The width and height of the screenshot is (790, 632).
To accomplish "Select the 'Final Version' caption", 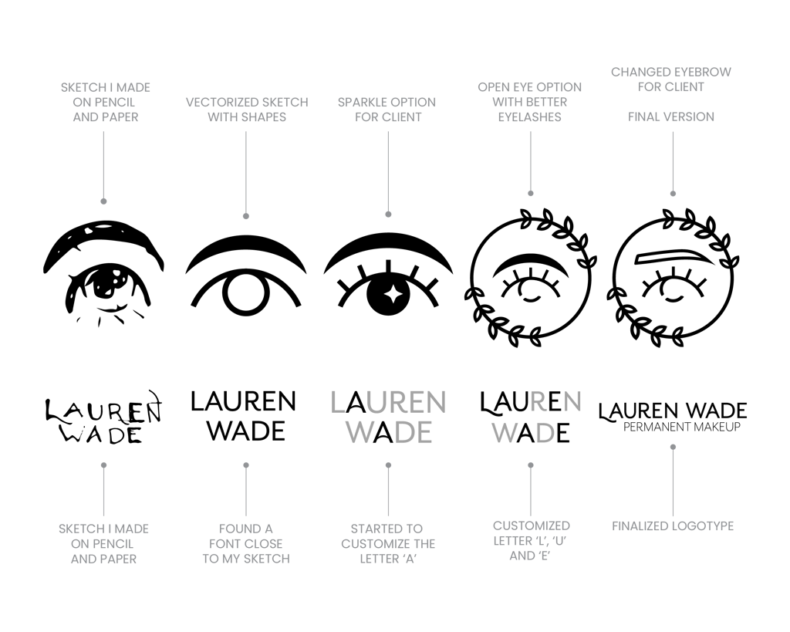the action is (671, 117).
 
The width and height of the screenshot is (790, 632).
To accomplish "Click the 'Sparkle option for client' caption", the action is (387, 110).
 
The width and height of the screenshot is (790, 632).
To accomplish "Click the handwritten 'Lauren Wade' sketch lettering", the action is (103, 418).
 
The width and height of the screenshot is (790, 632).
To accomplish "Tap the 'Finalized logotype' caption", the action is (673, 526).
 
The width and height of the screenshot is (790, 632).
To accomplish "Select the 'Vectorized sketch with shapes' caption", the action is (246, 110).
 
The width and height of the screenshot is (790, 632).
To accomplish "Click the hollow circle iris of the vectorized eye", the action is (245, 296).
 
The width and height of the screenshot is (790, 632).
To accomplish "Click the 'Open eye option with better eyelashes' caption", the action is (529, 102).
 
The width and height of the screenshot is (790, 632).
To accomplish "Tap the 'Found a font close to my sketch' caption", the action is (246, 543).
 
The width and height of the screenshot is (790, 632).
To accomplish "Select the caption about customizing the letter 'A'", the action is (387, 543).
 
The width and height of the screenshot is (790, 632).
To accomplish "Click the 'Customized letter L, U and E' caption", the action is (531, 540).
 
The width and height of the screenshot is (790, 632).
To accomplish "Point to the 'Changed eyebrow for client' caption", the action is (671, 79).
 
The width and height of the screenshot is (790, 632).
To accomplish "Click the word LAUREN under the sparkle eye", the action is (388, 402).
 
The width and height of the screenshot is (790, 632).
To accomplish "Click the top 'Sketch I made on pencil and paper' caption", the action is (104, 102).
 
